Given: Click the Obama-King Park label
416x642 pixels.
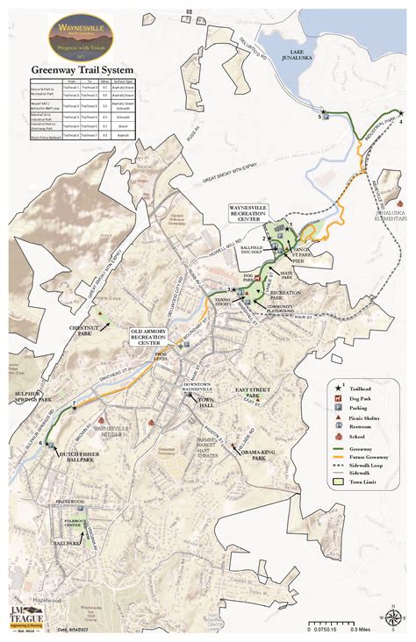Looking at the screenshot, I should click(x=260, y=453).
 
